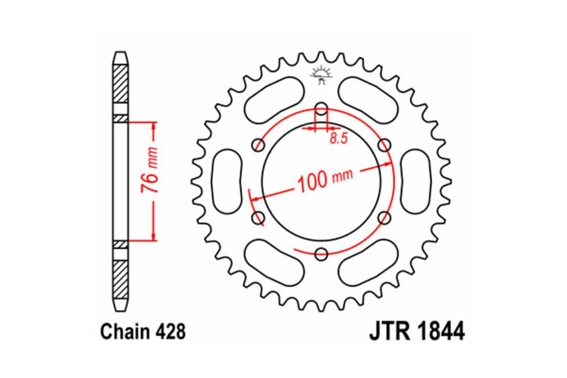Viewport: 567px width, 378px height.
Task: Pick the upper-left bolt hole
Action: coord(258,145)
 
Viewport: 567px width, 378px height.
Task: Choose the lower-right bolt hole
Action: coord(385,218)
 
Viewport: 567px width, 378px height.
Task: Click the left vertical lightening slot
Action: coord(227,181)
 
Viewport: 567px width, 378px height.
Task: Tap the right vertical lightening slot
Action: coord(416,181)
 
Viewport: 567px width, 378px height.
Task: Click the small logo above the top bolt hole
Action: coord(321,75)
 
